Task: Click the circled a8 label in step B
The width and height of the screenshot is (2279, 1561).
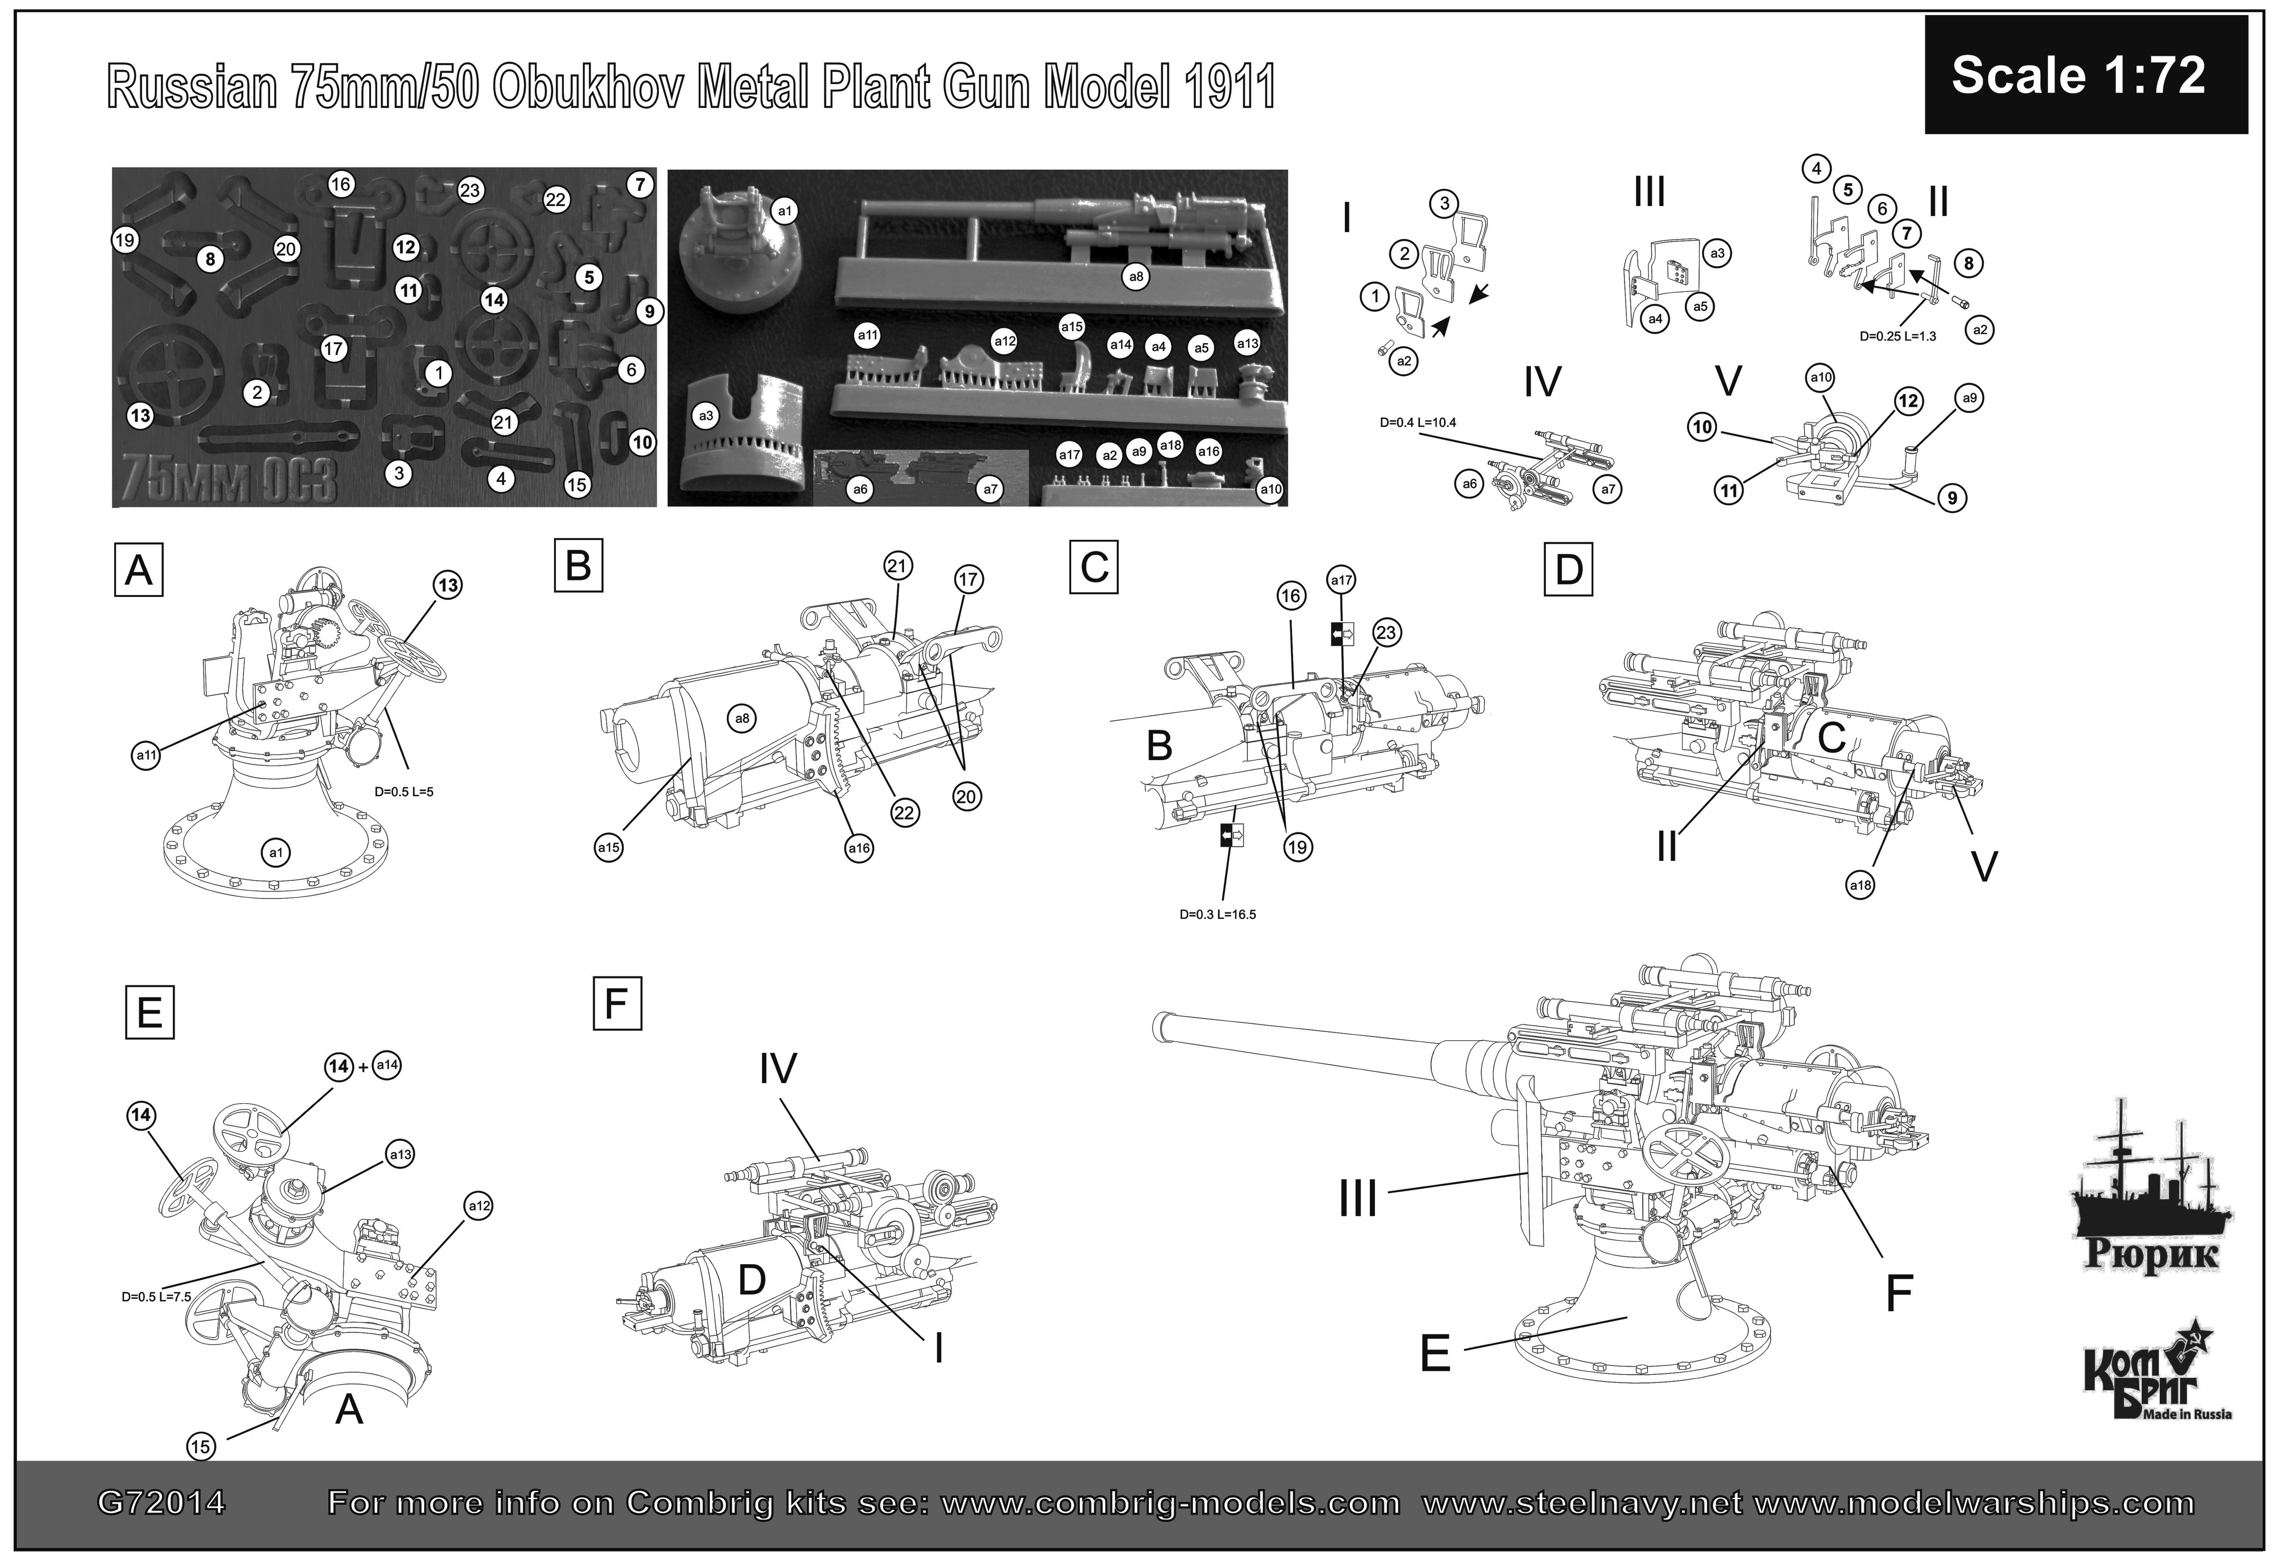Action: [x=742, y=719]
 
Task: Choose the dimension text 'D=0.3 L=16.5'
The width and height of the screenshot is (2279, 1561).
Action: [x=1217, y=914]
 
